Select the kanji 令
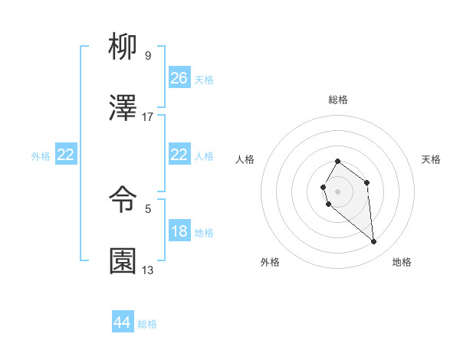[x=123, y=201]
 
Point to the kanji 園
[x=123, y=261]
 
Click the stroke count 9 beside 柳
[x=147, y=55]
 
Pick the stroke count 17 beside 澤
[x=148, y=116]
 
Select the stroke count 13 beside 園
[x=148, y=270]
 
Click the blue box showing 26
[x=179, y=78]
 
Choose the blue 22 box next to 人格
[x=179, y=155]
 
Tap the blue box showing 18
[x=179, y=231]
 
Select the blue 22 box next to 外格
[x=66, y=155]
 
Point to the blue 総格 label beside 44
[x=147, y=324]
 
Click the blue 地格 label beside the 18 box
[x=204, y=233]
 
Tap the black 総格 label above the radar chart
[x=337, y=100]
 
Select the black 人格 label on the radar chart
[x=245, y=159]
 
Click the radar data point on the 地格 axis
[x=374, y=242]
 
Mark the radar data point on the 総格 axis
[x=337, y=161]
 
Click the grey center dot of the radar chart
[x=337, y=190]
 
